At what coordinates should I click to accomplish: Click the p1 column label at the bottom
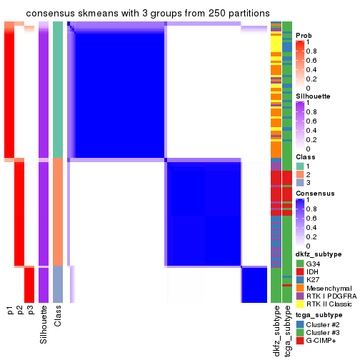point(9,310)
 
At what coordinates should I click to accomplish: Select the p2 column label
point(20,310)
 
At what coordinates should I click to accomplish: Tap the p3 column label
point(30,310)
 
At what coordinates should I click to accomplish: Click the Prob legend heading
point(304,35)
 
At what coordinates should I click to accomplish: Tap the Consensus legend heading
point(313,193)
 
